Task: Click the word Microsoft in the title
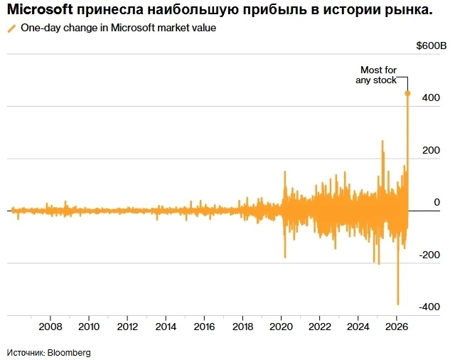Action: tap(40, 9)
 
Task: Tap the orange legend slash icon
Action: tap(12, 28)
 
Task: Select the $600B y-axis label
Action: tap(432, 46)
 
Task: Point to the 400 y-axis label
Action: tap(431, 97)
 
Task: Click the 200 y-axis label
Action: tap(431, 150)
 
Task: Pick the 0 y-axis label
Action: tap(437, 202)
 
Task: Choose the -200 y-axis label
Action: tap(429, 255)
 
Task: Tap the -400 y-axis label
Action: tap(429, 307)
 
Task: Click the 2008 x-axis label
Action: tap(50, 327)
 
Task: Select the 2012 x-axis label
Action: tap(127, 327)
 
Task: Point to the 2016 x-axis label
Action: tap(204, 327)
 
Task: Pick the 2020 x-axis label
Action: tap(281, 327)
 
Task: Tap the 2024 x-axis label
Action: tap(358, 327)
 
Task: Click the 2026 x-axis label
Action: tap(397, 327)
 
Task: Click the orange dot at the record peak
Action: tap(407, 93)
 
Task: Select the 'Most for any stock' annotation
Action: tap(376, 75)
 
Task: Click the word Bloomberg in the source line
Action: tap(69, 353)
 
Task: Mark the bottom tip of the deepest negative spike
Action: tap(398, 305)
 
